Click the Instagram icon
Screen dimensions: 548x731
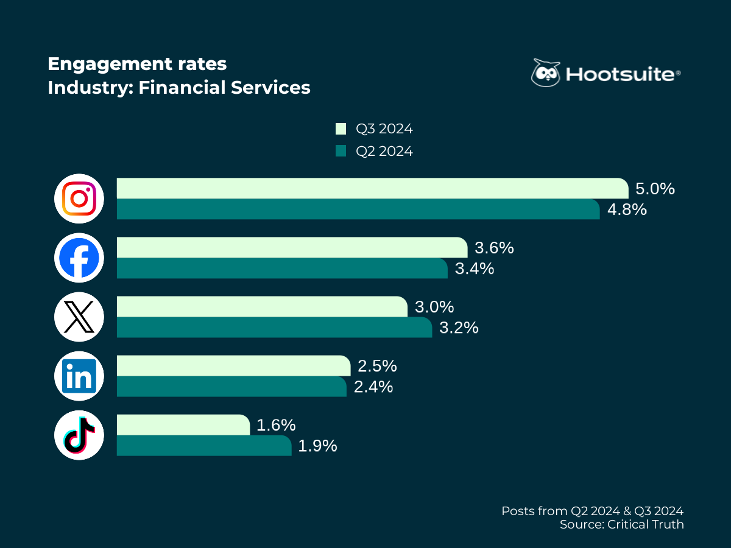[x=79, y=198]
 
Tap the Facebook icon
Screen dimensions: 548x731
[x=79, y=258]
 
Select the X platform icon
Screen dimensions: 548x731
[x=79, y=317]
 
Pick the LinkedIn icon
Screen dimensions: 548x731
[x=79, y=376]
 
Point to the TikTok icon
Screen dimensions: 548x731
[x=79, y=435]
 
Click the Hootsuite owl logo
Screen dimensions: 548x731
[x=545, y=74]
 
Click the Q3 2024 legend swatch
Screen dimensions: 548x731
[x=341, y=129]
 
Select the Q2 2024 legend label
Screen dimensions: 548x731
[x=384, y=151]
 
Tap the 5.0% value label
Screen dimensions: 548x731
[x=654, y=189]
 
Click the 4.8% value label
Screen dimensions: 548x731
[x=626, y=209]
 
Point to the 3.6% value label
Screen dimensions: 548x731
[x=494, y=248]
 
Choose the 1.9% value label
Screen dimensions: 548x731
[x=317, y=446]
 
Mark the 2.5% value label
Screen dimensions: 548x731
[x=377, y=366]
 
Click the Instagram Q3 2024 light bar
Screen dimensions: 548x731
[x=372, y=188]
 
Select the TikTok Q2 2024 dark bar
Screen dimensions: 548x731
[x=204, y=445]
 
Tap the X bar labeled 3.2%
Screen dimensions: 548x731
[x=274, y=327]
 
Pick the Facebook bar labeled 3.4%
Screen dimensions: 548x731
[x=282, y=268]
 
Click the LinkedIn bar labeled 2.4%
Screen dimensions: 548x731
[x=231, y=386]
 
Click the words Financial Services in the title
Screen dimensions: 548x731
[x=224, y=88]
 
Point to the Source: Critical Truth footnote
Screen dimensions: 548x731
[x=621, y=524]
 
